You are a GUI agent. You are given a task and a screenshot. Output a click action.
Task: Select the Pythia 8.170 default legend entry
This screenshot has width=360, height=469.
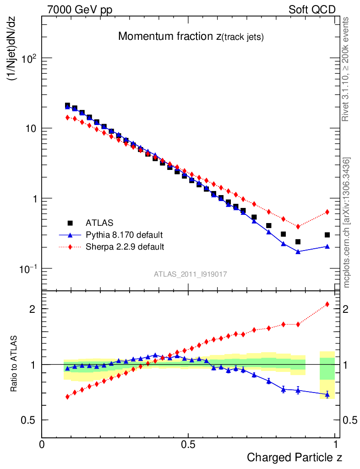tap(124, 235)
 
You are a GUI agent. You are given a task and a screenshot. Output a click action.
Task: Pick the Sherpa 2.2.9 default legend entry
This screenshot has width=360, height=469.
tap(125, 247)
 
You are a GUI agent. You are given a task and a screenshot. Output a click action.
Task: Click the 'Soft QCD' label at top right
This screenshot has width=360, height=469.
tap(312, 10)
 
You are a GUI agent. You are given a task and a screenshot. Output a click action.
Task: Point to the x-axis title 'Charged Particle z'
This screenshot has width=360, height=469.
tap(295, 457)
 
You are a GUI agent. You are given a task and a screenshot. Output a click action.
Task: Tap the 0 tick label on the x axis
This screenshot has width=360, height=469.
tap(42, 445)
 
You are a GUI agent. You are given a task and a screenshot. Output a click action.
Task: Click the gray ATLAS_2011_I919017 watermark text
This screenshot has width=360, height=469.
tap(191, 274)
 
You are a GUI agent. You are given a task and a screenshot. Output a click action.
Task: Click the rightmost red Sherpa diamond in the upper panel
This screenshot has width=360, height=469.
tap(327, 212)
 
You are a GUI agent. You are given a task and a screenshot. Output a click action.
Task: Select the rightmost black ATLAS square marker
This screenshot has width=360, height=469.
tap(327, 235)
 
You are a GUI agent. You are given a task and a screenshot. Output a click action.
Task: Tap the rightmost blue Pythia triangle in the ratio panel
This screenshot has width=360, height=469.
tap(327, 394)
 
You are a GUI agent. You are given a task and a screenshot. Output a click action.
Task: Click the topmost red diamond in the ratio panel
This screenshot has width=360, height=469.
tap(327, 304)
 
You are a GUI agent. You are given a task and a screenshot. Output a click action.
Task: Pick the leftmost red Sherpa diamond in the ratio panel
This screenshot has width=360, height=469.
tap(67, 397)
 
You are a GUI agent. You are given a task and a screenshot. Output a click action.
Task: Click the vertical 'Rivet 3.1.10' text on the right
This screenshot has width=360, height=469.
tap(346, 69)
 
